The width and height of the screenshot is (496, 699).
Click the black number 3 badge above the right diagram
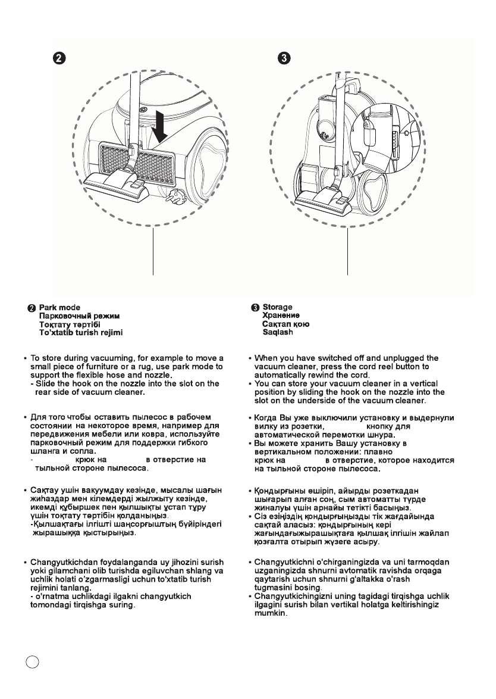[285, 58]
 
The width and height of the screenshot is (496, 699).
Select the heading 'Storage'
[278, 307]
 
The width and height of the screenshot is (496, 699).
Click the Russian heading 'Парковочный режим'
[79, 316]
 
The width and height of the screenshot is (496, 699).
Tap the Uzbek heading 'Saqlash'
[278, 332]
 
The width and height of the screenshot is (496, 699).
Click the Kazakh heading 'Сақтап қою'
[285, 324]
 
